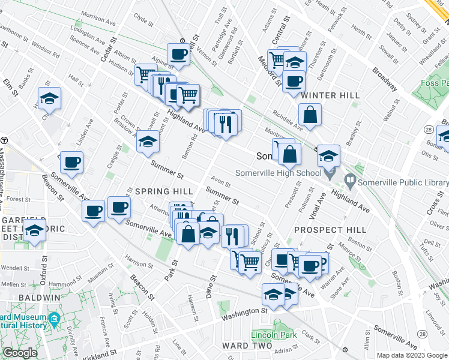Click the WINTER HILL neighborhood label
[330, 95]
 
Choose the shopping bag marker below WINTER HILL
[310, 115]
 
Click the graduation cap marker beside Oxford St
[35, 232]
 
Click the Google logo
[20, 353]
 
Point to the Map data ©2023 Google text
[412, 355]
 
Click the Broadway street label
[384, 80]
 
